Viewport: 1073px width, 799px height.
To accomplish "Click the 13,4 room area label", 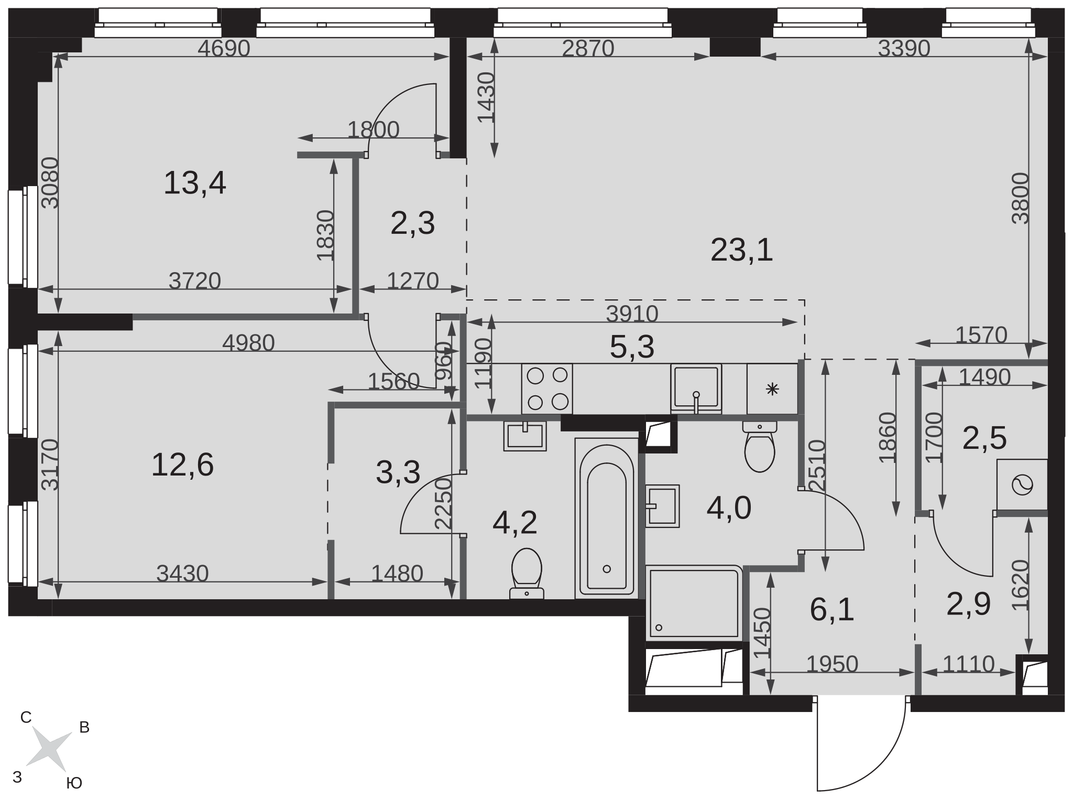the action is click(195, 183).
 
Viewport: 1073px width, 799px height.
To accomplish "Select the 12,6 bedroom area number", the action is click(182, 465).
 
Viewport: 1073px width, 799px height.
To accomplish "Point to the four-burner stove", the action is click(547, 388).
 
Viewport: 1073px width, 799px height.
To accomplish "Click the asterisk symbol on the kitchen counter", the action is click(773, 389).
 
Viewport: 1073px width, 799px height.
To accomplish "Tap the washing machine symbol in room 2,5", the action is click(1022, 484).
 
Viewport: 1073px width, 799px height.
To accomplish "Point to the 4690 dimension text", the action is click(224, 49).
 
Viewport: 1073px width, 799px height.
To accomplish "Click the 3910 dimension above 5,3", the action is click(632, 314).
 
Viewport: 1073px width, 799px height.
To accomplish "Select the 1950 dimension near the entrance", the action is click(832, 664).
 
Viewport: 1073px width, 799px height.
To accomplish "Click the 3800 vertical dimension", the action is click(1021, 198).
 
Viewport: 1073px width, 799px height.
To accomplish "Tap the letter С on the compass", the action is click(26, 718).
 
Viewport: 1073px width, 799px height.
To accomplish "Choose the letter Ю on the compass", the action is click(74, 783).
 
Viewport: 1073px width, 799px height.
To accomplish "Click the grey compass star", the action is click(49, 749).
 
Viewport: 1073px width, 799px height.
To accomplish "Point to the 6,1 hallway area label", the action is click(832, 610).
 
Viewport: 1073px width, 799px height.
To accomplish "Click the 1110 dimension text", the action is click(968, 664).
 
